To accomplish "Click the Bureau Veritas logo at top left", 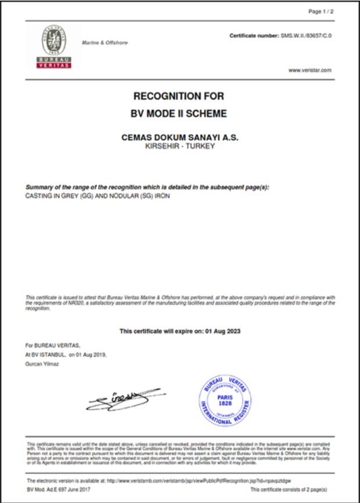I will coord(54,47).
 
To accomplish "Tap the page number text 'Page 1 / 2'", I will coord(320,11).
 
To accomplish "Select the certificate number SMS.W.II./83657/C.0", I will coord(305,35).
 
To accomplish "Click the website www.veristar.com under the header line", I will coord(310,70).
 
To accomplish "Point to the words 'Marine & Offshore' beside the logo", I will coord(105,43).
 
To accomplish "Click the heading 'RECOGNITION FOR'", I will coord(179,97).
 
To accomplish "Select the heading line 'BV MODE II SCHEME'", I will coord(179,113).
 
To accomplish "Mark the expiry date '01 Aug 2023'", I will coord(222,331).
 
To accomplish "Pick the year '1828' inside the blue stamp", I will coord(225,403).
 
